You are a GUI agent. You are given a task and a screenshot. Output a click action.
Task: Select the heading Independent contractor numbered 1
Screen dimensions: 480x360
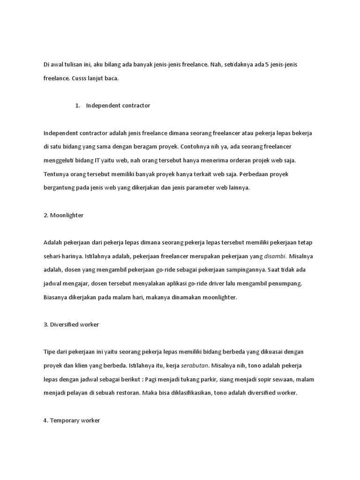[118, 106]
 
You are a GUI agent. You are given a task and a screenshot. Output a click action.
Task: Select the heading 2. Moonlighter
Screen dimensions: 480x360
[63, 215]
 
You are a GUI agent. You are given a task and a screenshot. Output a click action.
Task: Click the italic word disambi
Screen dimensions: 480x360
[275, 256]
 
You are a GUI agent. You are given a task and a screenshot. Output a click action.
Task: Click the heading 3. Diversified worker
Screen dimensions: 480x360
[71, 324]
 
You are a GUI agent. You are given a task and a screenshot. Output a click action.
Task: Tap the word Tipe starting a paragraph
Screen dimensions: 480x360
[50, 352]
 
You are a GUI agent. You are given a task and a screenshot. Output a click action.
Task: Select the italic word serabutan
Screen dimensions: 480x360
[195, 366]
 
